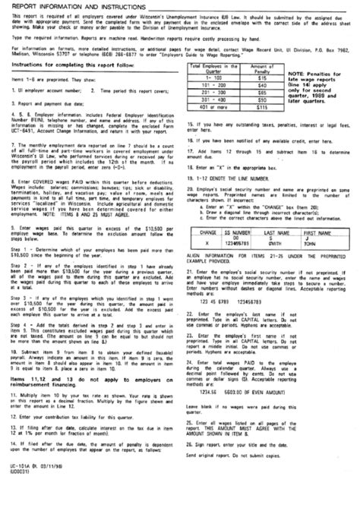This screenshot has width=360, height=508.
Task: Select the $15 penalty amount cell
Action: click(261, 77)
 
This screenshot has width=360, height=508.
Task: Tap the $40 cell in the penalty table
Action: click(261, 86)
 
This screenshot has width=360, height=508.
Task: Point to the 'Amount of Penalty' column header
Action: click(261, 68)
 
